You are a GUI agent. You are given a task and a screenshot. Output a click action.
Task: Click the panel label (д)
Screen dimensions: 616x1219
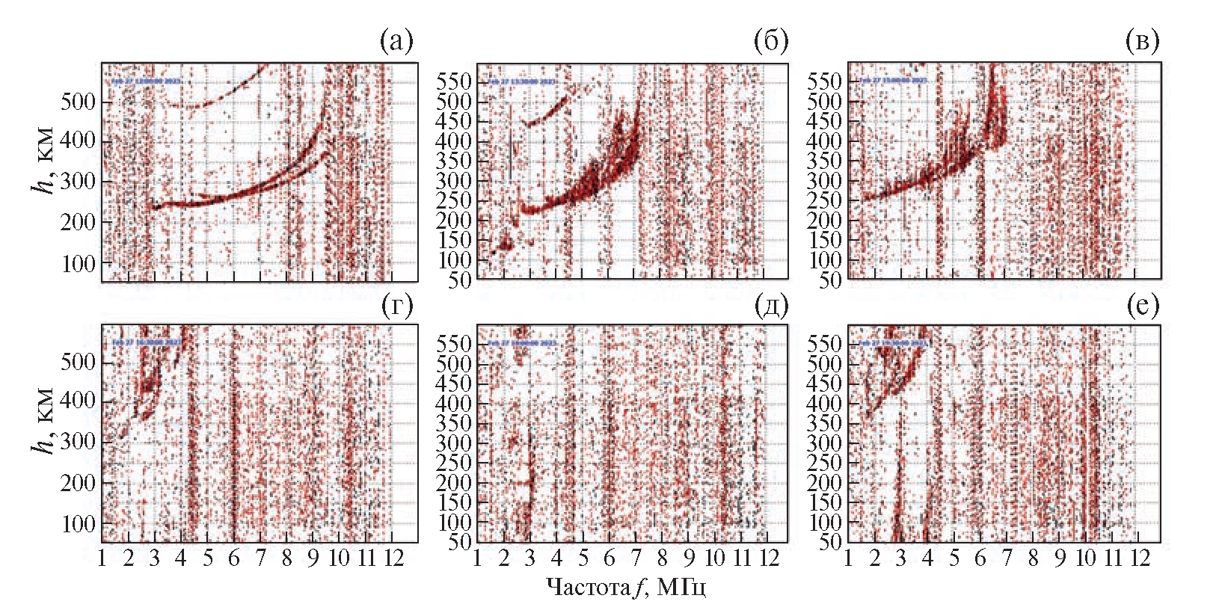click(x=771, y=306)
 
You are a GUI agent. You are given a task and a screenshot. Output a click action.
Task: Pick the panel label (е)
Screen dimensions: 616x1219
click(x=1143, y=306)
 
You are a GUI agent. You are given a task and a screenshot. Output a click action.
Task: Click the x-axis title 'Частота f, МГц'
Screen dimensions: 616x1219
click(x=626, y=587)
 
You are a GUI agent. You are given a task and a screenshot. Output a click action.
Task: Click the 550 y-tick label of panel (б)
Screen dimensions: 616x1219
click(x=455, y=81)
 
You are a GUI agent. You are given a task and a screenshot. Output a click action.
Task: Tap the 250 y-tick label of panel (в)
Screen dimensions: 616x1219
click(x=825, y=200)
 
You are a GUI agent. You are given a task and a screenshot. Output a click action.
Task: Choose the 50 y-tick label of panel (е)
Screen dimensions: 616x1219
click(x=831, y=542)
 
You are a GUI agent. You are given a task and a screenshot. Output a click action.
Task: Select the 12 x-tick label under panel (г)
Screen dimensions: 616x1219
click(x=393, y=558)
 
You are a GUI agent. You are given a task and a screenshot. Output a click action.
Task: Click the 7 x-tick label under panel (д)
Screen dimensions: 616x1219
click(x=636, y=558)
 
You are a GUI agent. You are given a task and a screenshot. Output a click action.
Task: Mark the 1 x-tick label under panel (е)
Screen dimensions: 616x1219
click(x=848, y=558)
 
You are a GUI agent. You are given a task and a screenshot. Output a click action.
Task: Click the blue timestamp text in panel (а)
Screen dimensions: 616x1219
click(x=147, y=81)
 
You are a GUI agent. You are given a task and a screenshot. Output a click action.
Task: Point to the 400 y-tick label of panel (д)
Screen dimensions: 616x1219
click(x=455, y=404)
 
